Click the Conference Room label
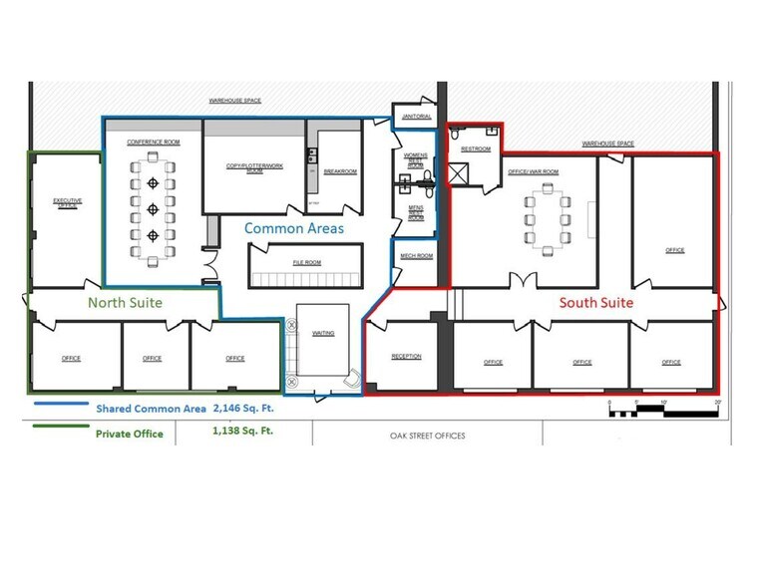point(152,142)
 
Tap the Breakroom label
point(340,171)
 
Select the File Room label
point(306,262)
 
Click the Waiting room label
point(323,333)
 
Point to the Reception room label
point(406,356)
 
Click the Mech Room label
point(417,256)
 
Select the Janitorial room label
point(416,117)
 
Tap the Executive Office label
point(67,202)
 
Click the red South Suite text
point(594,303)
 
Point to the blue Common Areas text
point(294,228)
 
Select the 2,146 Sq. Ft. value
point(242,408)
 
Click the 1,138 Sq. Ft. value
point(242,433)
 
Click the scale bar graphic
point(663,408)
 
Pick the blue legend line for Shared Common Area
point(59,405)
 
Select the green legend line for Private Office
point(59,430)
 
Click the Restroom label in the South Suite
point(476,149)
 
